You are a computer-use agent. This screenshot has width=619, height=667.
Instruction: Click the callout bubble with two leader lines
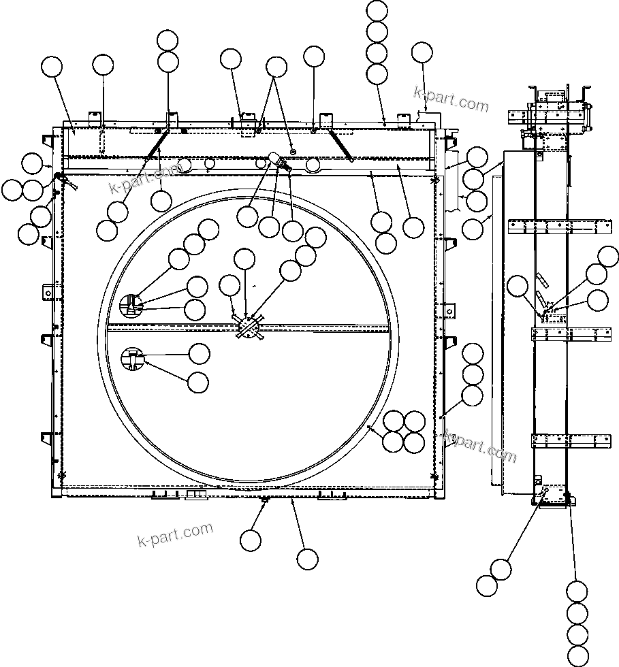(276, 67)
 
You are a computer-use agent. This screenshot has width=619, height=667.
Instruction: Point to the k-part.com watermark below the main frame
(175, 534)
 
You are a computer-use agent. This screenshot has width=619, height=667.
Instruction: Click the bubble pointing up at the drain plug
(250, 540)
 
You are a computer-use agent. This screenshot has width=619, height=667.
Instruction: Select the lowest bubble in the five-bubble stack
(577, 655)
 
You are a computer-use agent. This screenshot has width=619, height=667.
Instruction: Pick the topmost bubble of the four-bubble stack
(377, 12)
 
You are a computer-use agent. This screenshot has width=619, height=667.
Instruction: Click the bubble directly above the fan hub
(244, 259)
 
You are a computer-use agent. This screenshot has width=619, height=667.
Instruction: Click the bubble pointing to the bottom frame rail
(307, 559)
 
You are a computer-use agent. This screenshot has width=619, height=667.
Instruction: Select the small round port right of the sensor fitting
(313, 164)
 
